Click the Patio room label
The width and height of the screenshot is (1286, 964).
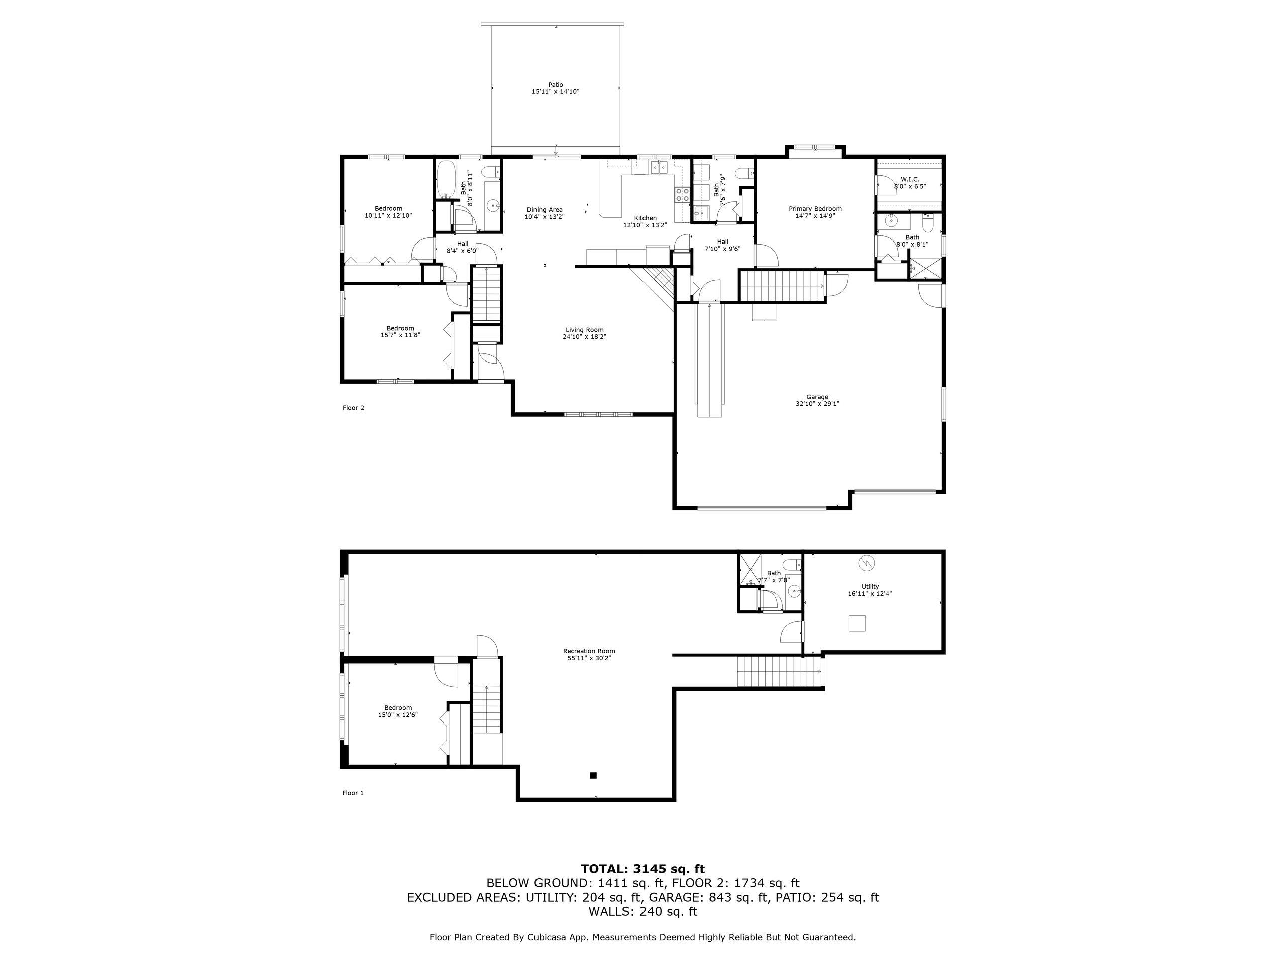[x=555, y=85]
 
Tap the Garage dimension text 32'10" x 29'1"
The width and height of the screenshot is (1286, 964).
[x=817, y=404]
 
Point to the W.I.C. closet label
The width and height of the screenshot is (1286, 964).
[x=909, y=179]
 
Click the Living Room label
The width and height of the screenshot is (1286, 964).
[x=584, y=330]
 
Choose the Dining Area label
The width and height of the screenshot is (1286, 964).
[x=544, y=210]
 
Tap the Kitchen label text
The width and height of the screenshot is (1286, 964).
[x=645, y=218]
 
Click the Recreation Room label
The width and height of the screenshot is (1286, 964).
[x=588, y=651]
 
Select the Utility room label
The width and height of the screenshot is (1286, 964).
[x=870, y=586]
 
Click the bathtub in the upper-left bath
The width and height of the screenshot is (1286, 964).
[x=446, y=180]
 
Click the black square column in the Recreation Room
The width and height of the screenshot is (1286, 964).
[x=593, y=775]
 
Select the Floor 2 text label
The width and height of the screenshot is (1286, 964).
[x=353, y=408]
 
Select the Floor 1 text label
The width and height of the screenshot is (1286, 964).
[x=352, y=793]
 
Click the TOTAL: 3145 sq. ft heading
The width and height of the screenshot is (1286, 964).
[x=642, y=869]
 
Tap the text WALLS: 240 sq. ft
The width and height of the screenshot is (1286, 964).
[x=642, y=912]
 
